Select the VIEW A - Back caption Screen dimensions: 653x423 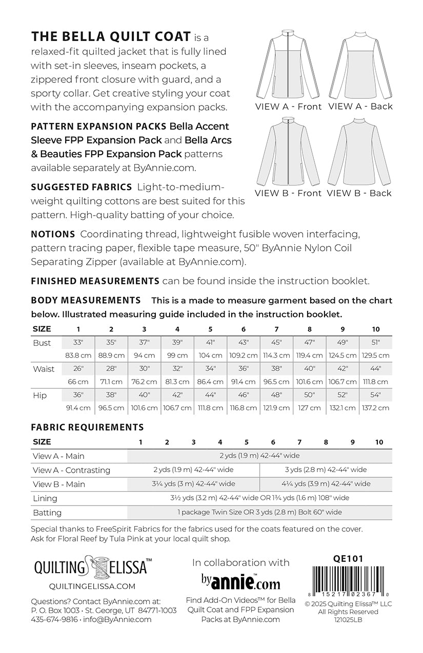click(360, 107)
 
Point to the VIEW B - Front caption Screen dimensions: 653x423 click(288, 193)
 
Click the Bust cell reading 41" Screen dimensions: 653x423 click(211, 343)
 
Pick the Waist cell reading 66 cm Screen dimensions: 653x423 click(78, 382)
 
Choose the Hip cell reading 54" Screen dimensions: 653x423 click(376, 395)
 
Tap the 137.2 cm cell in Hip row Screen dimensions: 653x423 click(376, 408)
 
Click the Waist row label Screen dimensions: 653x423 click(44, 369)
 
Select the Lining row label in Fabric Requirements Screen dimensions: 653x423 click(45, 498)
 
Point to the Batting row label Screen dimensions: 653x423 click(47, 513)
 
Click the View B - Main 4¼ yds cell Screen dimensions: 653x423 click(326, 484)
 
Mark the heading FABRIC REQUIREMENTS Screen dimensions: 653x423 click(87, 427)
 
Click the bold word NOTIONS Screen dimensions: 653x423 click(53, 234)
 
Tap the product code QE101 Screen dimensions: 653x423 click(348, 559)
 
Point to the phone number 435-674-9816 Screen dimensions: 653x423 click(54, 619)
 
